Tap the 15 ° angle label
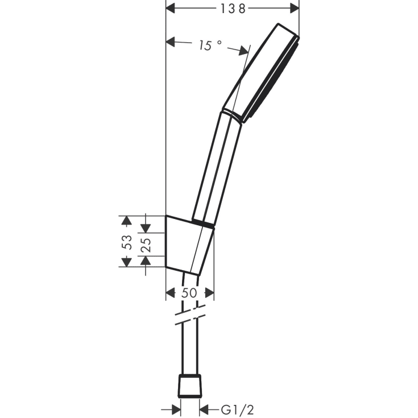(210, 45)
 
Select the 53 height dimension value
(127, 242)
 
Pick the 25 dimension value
(146, 245)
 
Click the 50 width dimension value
(189, 293)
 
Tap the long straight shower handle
(217, 168)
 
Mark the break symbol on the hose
(190, 315)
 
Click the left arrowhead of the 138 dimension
(171, 9)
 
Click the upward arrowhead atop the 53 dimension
(126, 221)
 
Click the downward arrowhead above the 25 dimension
(146, 227)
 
